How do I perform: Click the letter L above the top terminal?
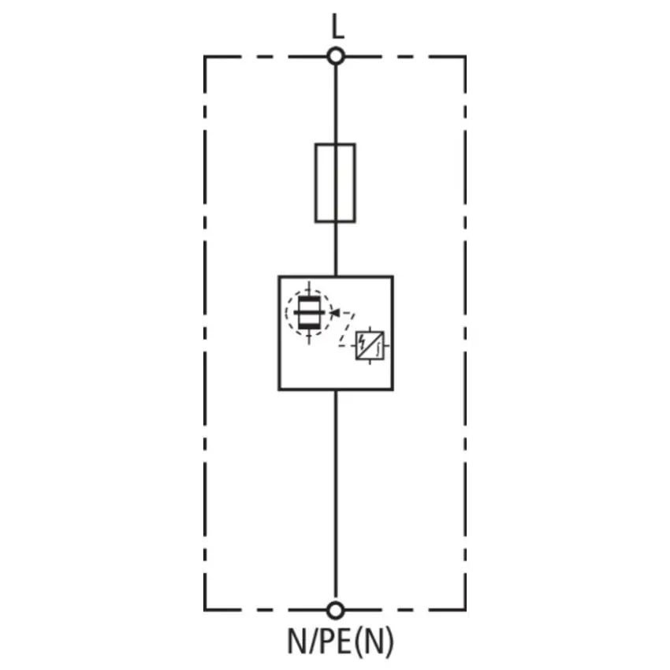[x=337, y=26]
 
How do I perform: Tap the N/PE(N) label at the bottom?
[x=341, y=642]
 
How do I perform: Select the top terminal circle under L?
[x=336, y=57]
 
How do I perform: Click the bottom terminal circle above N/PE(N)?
[x=336, y=611]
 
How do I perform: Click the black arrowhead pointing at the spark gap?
[x=335, y=313]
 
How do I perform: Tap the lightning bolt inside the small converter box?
[x=363, y=342]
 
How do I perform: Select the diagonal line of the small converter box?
[x=370, y=346]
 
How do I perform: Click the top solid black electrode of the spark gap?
[x=309, y=299]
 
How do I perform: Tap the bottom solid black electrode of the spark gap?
[x=309, y=327]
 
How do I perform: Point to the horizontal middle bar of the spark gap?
[x=309, y=313]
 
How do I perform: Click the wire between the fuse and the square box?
[x=336, y=249]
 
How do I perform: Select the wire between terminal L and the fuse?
[x=336, y=104]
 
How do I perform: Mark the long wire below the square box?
[x=336, y=496]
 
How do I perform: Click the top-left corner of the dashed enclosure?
[x=205, y=57]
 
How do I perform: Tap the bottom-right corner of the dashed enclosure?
[x=465, y=610]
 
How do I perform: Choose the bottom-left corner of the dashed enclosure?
[x=205, y=610]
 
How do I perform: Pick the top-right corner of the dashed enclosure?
[x=465, y=57]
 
